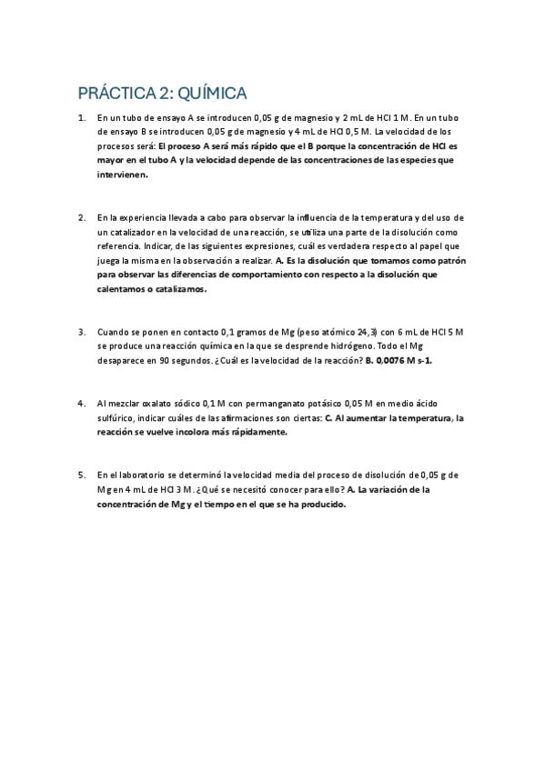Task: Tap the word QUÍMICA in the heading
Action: point(212,94)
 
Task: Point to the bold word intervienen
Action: point(122,175)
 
